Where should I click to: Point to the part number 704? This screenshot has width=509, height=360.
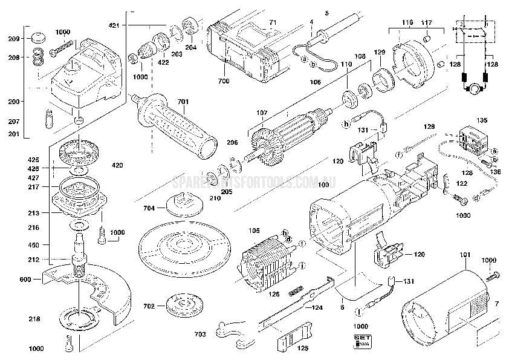point(149,208)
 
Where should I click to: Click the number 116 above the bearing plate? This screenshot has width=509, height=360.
point(407,22)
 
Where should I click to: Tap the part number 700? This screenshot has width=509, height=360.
point(224,80)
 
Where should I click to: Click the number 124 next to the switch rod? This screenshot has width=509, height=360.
point(317,308)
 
